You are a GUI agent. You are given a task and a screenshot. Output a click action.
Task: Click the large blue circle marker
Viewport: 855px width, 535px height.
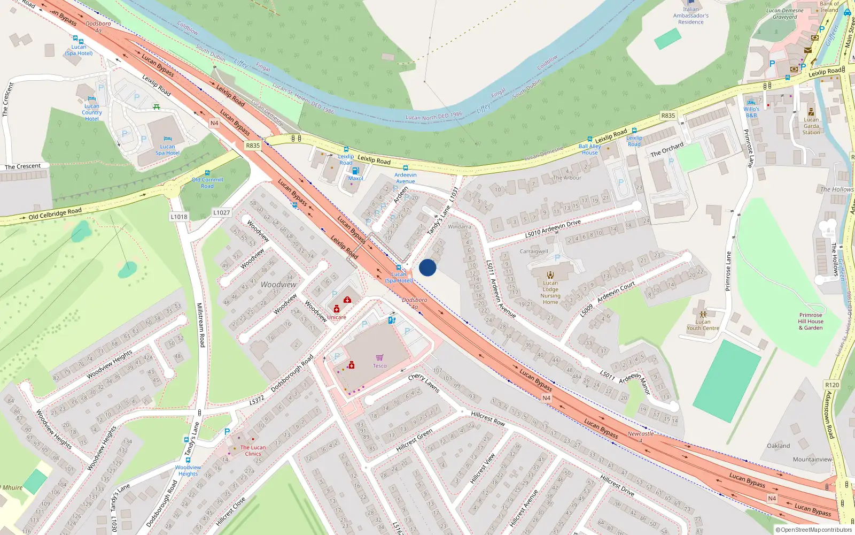(x=428, y=267)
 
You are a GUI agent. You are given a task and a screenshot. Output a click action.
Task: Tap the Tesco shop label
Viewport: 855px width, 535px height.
(x=379, y=366)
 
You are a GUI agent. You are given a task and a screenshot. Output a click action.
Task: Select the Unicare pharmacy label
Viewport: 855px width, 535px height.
(x=336, y=317)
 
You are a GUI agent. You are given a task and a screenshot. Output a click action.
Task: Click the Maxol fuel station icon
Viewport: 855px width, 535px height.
(x=355, y=171)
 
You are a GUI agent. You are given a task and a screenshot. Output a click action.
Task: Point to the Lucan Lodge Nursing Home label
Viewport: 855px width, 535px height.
(x=550, y=292)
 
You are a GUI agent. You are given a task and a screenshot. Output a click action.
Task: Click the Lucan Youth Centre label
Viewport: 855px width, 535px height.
(x=703, y=325)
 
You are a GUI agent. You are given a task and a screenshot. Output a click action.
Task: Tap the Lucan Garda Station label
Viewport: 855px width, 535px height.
(x=811, y=126)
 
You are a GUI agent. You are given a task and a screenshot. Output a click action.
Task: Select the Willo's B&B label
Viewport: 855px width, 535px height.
(x=751, y=112)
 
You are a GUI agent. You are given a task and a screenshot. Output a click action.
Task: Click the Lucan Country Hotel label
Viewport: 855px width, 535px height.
(x=92, y=112)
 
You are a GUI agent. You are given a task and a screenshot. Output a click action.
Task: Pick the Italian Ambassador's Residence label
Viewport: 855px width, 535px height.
(x=690, y=16)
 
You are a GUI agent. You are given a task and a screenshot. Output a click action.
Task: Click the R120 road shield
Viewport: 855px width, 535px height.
(x=832, y=385)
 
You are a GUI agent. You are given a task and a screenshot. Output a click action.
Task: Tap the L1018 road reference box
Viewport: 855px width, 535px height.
(x=179, y=217)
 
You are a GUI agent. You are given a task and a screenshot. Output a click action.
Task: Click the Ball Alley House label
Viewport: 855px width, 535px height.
(x=590, y=149)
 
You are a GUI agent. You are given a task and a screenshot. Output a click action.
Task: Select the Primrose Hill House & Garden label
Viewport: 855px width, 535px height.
(x=811, y=321)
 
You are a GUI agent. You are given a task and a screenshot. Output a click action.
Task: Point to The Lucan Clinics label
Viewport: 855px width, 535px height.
(x=253, y=450)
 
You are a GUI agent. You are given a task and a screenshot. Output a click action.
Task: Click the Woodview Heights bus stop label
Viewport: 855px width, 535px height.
(x=188, y=470)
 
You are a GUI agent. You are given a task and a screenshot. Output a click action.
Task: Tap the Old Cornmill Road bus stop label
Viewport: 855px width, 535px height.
(x=207, y=182)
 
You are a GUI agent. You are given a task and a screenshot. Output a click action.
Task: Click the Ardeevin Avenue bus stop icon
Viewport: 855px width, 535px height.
(x=405, y=168)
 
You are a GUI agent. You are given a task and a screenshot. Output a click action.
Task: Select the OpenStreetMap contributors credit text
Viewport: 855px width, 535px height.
(x=813, y=530)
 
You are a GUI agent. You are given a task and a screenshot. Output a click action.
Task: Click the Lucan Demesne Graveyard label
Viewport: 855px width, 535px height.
(x=784, y=13)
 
